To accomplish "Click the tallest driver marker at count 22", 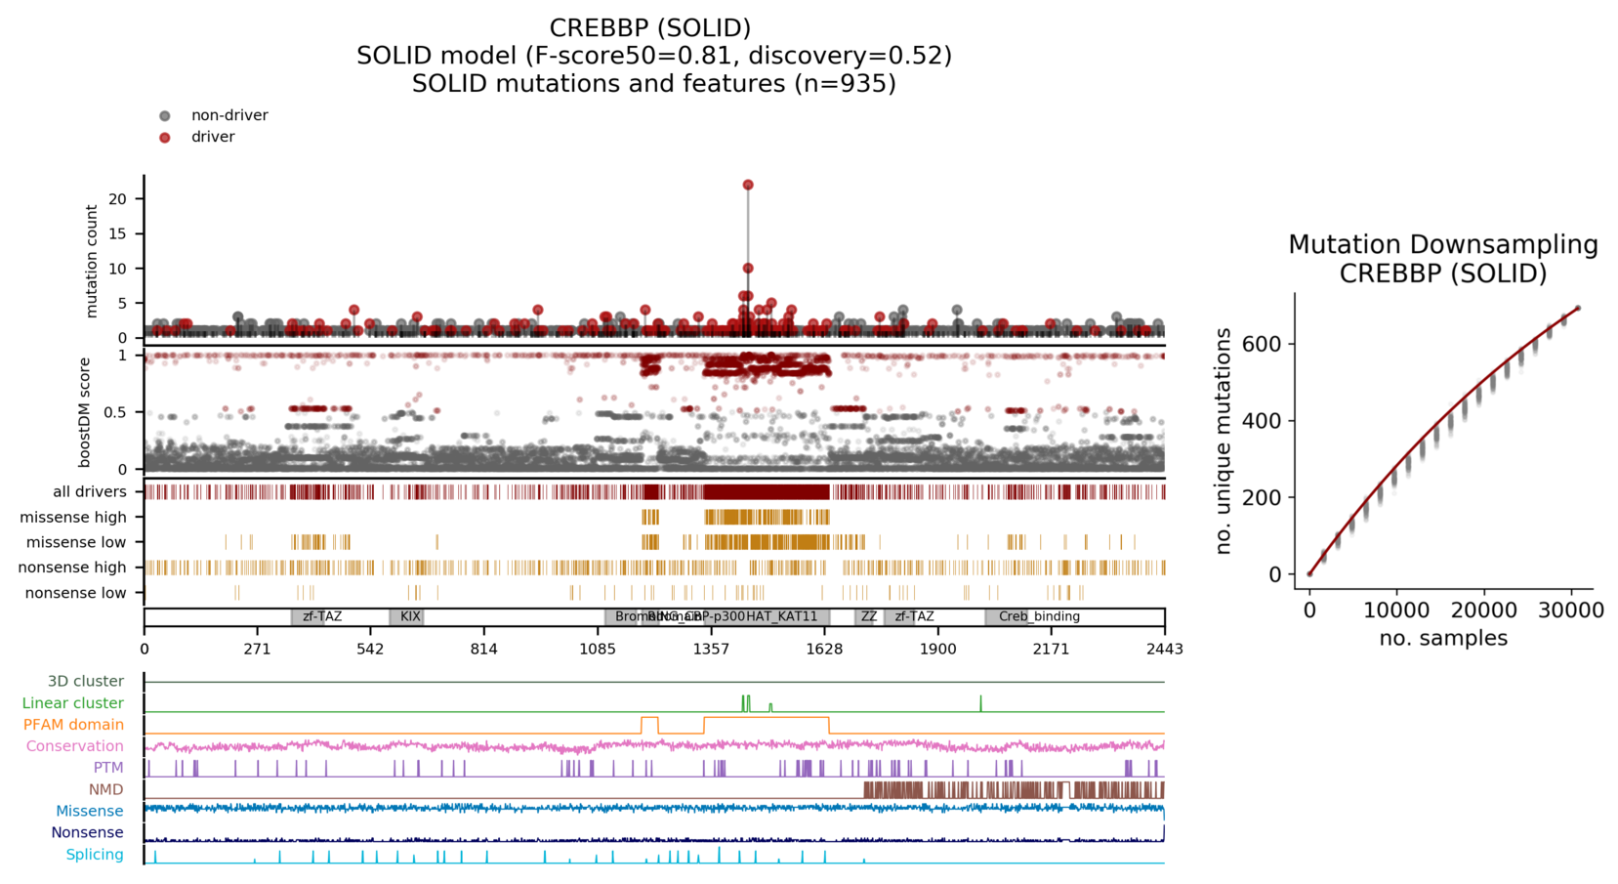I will [x=748, y=185].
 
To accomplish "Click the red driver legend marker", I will [x=165, y=138].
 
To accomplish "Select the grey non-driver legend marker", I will [x=165, y=116].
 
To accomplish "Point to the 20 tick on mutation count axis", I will [x=118, y=199].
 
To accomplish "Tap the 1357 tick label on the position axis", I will [x=711, y=649].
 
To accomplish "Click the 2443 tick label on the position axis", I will [x=1165, y=649].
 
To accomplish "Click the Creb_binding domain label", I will [x=1039, y=617].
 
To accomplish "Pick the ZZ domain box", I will [x=868, y=617].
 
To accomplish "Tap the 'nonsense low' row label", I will [x=76, y=593].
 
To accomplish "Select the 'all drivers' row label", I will [x=90, y=492].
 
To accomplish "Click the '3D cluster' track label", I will [x=86, y=682].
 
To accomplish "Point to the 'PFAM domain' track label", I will [x=73, y=725].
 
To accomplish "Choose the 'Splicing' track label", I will [x=95, y=855].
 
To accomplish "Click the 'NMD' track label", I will [x=106, y=789].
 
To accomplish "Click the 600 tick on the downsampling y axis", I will [x=1262, y=344].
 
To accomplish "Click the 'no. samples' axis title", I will [x=1443, y=639].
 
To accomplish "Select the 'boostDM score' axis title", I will [x=85, y=411].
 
